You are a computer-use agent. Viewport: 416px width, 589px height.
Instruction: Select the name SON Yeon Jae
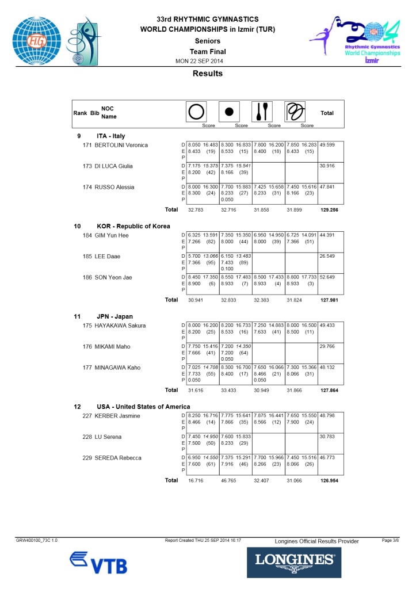[113, 277]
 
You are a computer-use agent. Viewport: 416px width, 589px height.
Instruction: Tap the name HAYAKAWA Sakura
[120, 326]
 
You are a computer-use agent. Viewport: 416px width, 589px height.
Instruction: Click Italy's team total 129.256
[329, 210]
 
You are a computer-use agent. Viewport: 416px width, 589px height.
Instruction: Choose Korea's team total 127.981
[329, 300]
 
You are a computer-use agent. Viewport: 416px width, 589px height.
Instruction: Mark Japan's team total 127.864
[329, 390]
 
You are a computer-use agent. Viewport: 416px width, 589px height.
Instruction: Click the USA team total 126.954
[329, 480]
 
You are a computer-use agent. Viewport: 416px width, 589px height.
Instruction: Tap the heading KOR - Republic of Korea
[133, 226]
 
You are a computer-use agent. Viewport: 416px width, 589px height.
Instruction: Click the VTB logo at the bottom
[98, 562]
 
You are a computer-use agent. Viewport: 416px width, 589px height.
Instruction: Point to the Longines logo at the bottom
[294, 561]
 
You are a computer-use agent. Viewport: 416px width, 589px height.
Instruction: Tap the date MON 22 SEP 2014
[199, 62]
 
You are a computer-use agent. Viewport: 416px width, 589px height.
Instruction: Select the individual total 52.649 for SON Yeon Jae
[327, 277]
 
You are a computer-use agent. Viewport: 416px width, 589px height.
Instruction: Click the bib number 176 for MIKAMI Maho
[87, 346]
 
